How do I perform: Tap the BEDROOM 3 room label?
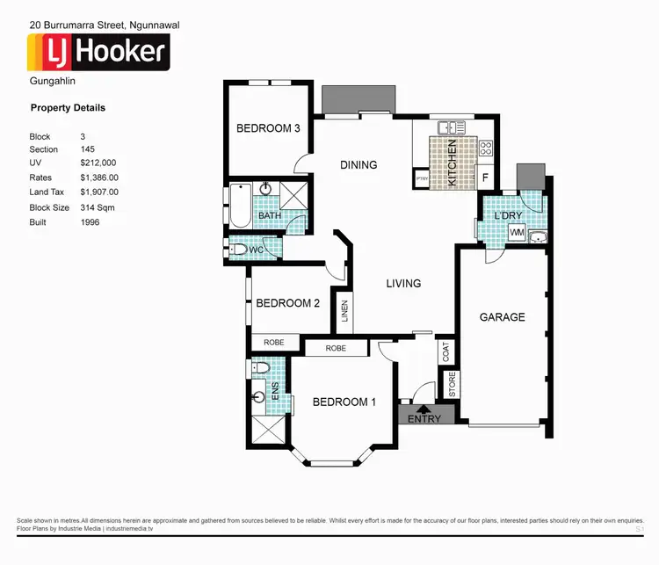click(x=268, y=128)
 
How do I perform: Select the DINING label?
click(x=358, y=164)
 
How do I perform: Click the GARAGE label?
click(x=502, y=317)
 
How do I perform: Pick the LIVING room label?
click(x=403, y=283)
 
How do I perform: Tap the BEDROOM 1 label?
click(x=344, y=402)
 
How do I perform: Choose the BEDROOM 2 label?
click(x=287, y=303)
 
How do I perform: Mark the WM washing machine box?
click(x=517, y=233)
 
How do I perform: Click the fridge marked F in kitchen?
click(x=484, y=177)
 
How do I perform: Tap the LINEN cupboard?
click(x=344, y=313)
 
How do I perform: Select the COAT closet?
click(x=447, y=351)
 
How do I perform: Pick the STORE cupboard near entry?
click(x=453, y=385)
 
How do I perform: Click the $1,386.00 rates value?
click(x=98, y=177)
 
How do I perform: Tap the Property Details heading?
click(x=68, y=108)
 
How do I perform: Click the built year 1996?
click(x=90, y=222)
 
